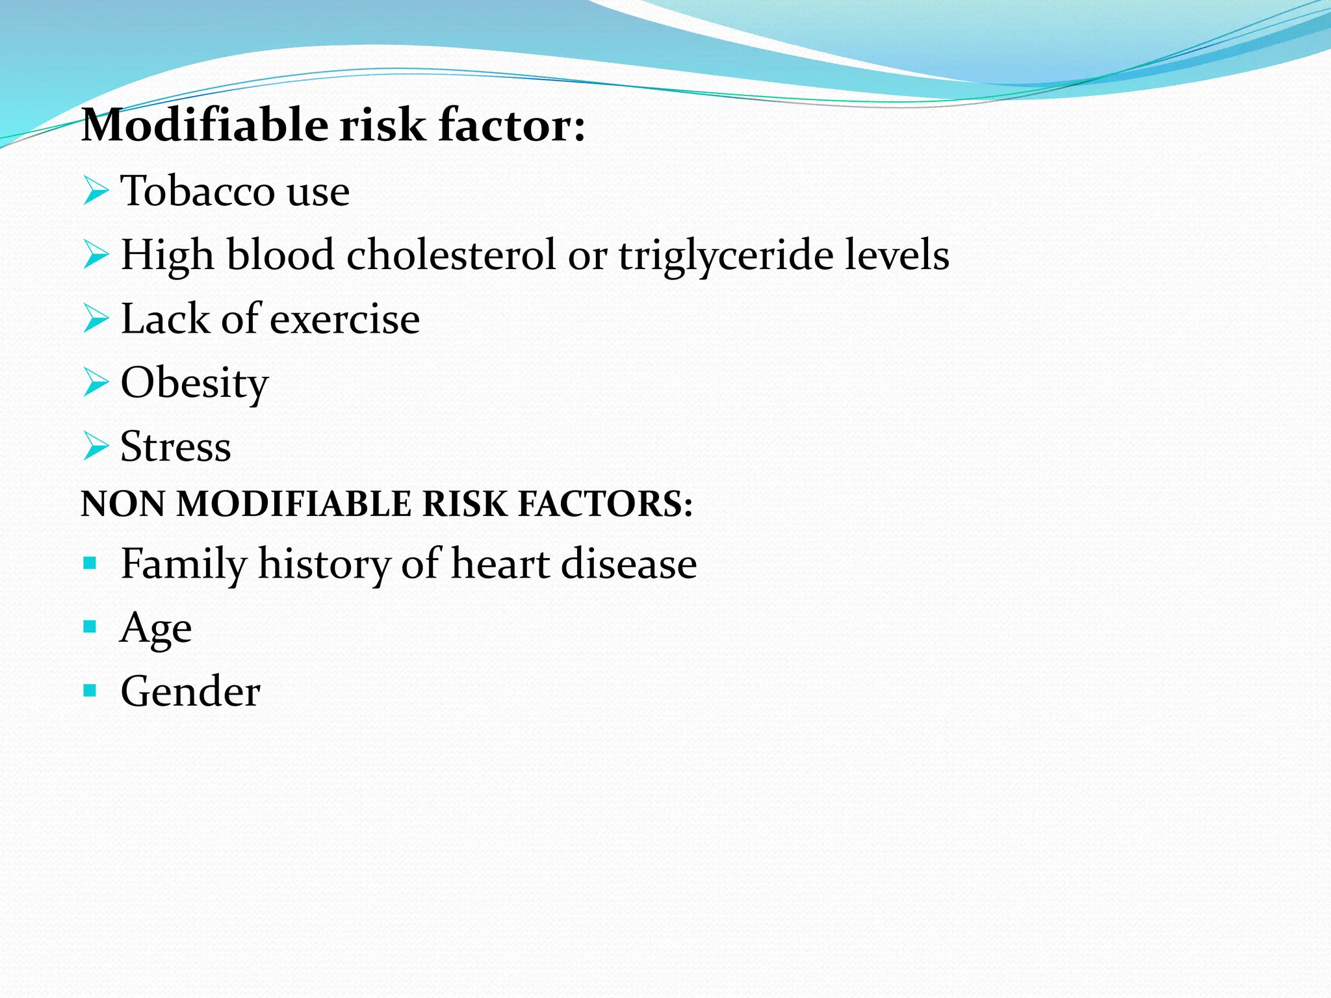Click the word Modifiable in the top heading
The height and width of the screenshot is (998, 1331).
[205, 125]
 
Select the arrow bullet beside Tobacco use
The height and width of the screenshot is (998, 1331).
[96, 192]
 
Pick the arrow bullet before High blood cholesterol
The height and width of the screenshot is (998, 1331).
[96, 255]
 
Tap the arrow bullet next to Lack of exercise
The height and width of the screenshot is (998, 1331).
[96, 319]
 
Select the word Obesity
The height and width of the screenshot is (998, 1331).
[194, 383]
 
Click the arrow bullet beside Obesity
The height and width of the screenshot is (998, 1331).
[96, 382]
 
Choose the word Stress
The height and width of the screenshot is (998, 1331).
[175, 446]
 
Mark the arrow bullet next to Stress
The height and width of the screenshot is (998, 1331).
[96, 446]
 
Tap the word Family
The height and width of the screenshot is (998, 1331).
[183, 564]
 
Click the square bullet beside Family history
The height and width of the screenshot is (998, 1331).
[90, 563]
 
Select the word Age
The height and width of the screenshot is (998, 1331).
[156, 628]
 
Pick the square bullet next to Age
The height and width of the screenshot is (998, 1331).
[90, 627]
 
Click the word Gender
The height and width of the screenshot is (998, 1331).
[190, 691]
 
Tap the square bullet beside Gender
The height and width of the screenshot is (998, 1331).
[90, 690]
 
